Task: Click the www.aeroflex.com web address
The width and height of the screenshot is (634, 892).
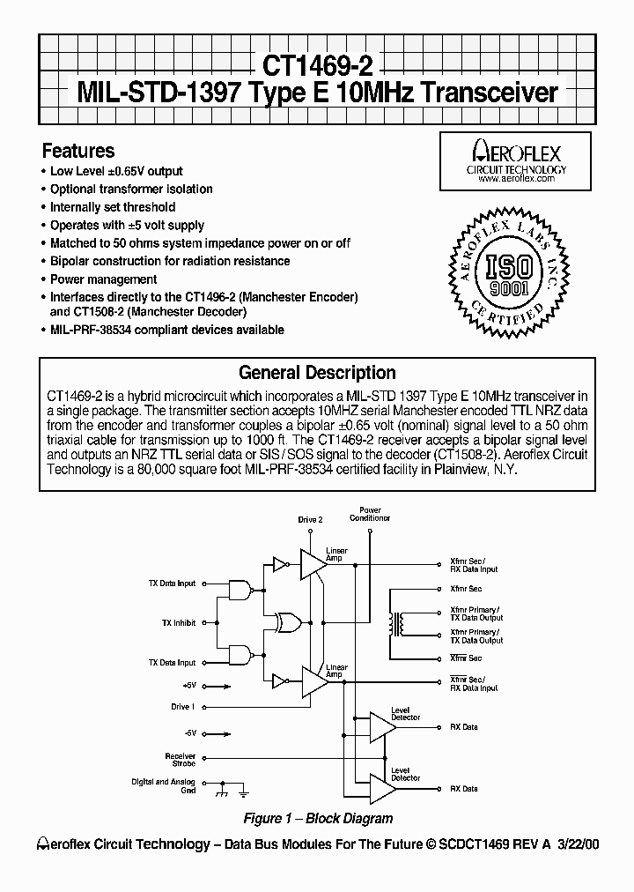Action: point(516,178)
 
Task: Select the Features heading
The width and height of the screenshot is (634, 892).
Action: point(78,151)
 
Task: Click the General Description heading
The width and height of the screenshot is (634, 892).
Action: point(317,373)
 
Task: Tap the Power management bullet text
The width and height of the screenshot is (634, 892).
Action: point(104,279)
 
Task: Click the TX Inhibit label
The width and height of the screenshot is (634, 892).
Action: point(179,622)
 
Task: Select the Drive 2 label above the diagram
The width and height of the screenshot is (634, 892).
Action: point(310,520)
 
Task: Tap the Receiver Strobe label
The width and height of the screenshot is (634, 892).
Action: point(180,759)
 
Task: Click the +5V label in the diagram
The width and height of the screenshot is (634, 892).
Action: point(188,684)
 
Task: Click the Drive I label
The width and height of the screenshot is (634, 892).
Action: point(182,707)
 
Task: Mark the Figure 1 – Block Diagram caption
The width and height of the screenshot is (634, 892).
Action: point(317,818)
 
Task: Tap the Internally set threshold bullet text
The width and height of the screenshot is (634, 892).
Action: point(113,207)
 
